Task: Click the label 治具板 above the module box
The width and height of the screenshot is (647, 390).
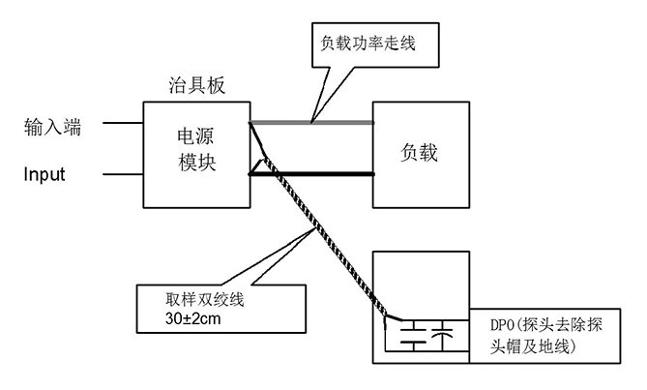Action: [x=197, y=85]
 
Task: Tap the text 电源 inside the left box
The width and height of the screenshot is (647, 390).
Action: [x=195, y=136]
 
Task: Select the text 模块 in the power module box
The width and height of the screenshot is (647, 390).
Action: [x=197, y=163]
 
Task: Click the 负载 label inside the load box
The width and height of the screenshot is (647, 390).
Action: [x=419, y=153]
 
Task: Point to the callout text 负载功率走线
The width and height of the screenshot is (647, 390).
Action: [x=368, y=43]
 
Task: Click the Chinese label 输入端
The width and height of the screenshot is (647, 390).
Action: [x=52, y=127]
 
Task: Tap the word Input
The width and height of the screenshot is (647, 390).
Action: [x=44, y=174]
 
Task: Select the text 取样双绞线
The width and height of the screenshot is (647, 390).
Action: [x=205, y=300]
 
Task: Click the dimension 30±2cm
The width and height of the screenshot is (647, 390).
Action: [x=192, y=318]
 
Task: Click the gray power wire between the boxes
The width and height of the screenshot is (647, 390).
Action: [x=311, y=122]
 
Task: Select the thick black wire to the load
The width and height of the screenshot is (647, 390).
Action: [x=311, y=174]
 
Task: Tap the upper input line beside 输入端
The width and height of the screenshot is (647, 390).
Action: [x=123, y=123]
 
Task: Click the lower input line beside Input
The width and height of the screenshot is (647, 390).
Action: [x=123, y=174]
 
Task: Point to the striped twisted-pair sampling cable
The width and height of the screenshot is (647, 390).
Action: [x=325, y=238]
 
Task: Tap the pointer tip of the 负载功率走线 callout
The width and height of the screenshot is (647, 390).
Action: [x=312, y=122]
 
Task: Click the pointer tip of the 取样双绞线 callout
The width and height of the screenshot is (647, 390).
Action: [x=315, y=229]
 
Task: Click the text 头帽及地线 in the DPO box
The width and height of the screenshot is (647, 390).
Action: [x=532, y=346]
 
